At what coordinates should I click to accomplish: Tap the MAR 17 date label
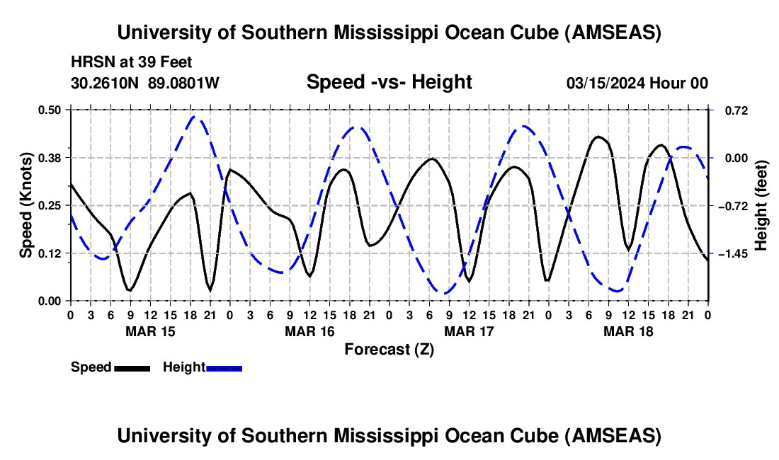[x=468, y=330]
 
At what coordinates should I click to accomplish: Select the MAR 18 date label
[x=627, y=330]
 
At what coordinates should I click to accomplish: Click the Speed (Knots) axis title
[x=25, y=205]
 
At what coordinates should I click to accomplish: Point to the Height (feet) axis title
[x=761, y=205]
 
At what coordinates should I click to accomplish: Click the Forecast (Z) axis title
[x=389, y=349]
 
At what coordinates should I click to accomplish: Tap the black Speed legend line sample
[x=132, y=367]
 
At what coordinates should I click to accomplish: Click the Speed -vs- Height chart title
[x=389, y=82]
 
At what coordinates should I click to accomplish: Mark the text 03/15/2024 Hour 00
[x=637, y=83]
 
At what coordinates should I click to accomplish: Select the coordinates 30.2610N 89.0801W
[x=145, y=83]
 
